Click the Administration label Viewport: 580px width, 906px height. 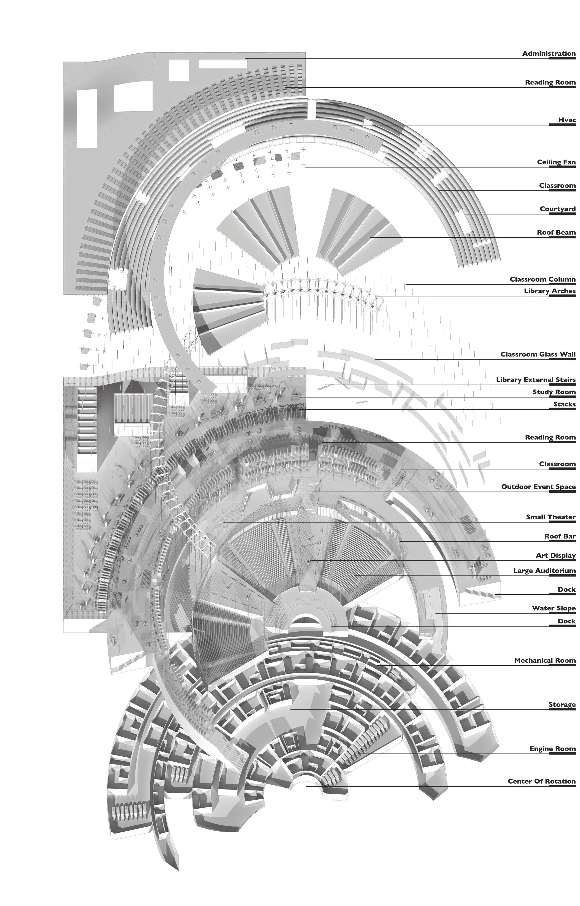pyautogui.click(x=548, y=54)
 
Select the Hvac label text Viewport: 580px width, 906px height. pyautogui.click(x=567, y=120)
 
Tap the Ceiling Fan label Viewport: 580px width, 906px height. pyautogui.click(x=556, y=162)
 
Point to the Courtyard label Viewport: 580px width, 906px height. pyautogui.click(x=557, y=209)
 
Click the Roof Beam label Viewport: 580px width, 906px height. pyautogui.click(x=556, y=232)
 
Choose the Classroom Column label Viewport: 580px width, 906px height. pyautogui.click(x=542, y=280)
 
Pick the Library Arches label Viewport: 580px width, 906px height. pyautogui.click(x=550, y=291)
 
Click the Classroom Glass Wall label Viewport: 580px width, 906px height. pyautogui.click(x=538, y=354)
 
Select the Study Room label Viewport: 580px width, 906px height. pyautogui.click(x=554, y=392)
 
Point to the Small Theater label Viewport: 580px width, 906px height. pyautogui.click(x=551, y=517)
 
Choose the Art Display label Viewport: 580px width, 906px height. pyautogui.click(x=555, y=556)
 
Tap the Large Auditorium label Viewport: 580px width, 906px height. pyautogui.click(x=544, y=571)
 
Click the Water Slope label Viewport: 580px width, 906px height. pyautogui.click(x=554, y=608)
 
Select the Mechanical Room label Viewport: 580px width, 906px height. pyautogui.click(x=545, y=661)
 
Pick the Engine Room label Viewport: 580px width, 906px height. pyautogui.click(x=552, y=749)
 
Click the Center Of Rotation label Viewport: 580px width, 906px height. pyautogui.click(x=541, y=781)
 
